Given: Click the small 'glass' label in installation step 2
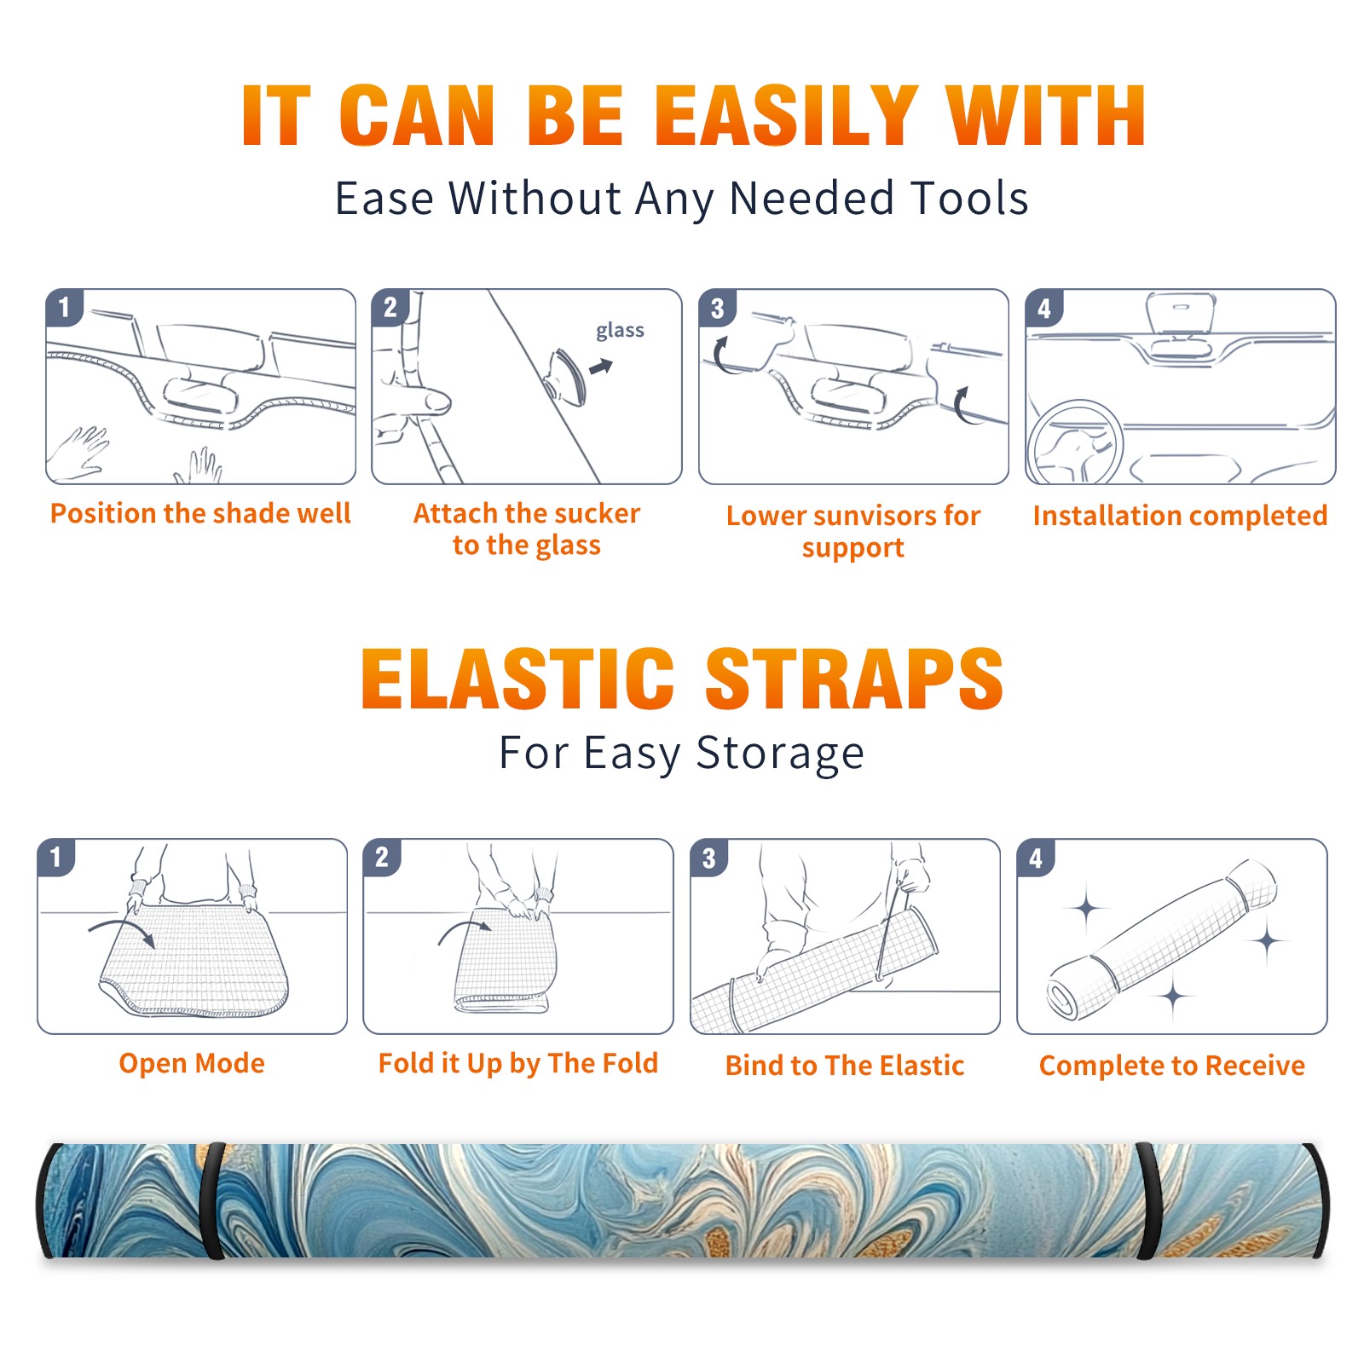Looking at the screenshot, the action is [x=620, y=331].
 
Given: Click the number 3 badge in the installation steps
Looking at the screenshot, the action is [x=717, y=308].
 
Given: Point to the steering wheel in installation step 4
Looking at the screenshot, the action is [x=1075, y=442].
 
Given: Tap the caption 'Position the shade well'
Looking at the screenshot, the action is [x=200, y=513].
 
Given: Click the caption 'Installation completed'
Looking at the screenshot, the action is [x=1180, y=516].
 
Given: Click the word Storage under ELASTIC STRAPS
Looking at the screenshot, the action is [x=780, y=754].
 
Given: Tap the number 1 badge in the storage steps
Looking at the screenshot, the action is [x=56, y=857].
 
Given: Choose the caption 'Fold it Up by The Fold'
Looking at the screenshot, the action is [x=518, y=1064].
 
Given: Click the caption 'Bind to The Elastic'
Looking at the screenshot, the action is [x=845, y=1066].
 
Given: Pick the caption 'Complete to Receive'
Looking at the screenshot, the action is [x=1172, y=1066].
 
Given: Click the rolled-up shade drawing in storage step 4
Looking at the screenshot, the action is [x=1162, y=941].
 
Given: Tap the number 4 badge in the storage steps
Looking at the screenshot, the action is [x=1036, y=858].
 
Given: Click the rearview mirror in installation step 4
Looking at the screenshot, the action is [x=1180, y=313].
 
